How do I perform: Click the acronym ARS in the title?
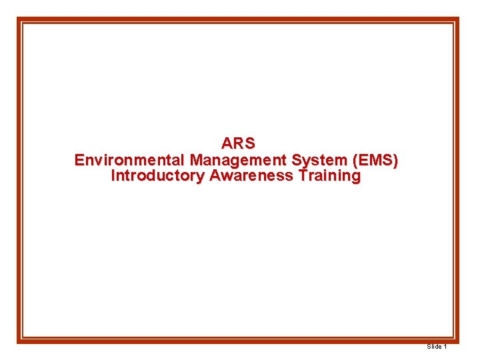point(238,143)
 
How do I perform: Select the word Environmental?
point(130,160)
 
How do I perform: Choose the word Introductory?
point(158,177)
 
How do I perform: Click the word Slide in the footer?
point(433,347)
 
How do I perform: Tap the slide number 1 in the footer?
point(445,347)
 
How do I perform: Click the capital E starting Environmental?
point(79,160)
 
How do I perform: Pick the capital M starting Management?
point(197,160)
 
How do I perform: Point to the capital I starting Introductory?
point(113,177)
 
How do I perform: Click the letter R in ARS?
point(238,143)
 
